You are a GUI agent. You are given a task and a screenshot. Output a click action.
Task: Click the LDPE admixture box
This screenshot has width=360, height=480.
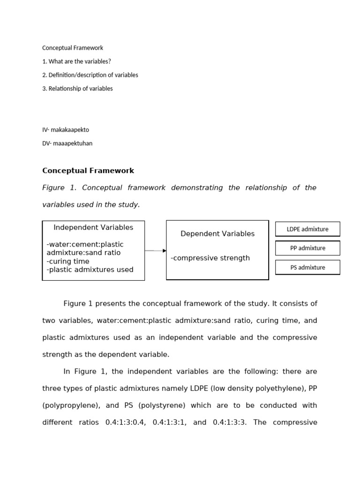pyautogui.click(x=307, y=229)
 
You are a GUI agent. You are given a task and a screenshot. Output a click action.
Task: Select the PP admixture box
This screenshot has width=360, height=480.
pyautogui.click(x=307, y=248)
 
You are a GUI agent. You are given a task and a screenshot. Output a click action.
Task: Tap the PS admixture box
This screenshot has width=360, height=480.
pyautogui.click(x=307, y=267)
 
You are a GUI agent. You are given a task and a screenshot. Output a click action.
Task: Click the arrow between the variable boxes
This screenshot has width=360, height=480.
pyautogui.click(x=156, y=251)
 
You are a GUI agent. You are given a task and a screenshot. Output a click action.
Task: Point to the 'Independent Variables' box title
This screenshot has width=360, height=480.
pyautogui.click(x=93, y=227)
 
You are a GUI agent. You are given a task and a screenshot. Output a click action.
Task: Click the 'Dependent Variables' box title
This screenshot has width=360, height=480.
pyautogui.click(x=217, y=233)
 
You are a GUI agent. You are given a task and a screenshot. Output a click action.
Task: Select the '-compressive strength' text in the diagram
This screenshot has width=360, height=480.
pyautogui.click(x=210, y=258)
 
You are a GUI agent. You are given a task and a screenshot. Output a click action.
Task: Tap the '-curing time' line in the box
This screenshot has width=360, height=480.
pyautogui.click(x=68, y=261)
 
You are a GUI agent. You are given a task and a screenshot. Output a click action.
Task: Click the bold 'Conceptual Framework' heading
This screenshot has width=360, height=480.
pyautogui.click(x=88, y=171)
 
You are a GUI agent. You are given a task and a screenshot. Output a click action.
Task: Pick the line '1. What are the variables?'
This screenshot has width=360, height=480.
pyautogui.click(x=76, y=61)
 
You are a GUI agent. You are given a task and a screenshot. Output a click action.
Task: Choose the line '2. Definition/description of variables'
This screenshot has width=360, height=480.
pyautogui.click(x=90, y=75)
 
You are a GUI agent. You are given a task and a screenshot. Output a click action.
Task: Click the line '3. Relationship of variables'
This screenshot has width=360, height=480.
pyautogui.click(x=77, y=89)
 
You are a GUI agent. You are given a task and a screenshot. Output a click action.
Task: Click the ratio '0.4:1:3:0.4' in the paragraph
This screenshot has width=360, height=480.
pyautogui.click(x=126, y=422)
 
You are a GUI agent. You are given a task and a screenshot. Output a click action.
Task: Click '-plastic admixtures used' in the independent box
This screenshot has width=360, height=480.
pyautogui.click(x=90, y=270)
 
